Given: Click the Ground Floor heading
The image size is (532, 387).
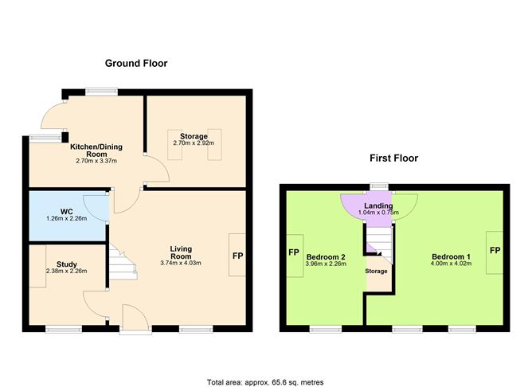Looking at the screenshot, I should tap(136, 63).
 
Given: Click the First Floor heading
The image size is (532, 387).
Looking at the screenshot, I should tap(393, 158).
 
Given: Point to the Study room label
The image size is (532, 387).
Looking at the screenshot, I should tap(67, 264).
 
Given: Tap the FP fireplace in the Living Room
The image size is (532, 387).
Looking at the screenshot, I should tap(237, 256).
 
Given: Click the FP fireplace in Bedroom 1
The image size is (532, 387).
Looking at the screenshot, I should tap(495, 252).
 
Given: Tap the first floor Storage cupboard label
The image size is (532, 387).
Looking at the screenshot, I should tap(376, 271).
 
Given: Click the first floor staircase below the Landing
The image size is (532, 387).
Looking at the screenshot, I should tap(379, 236).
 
